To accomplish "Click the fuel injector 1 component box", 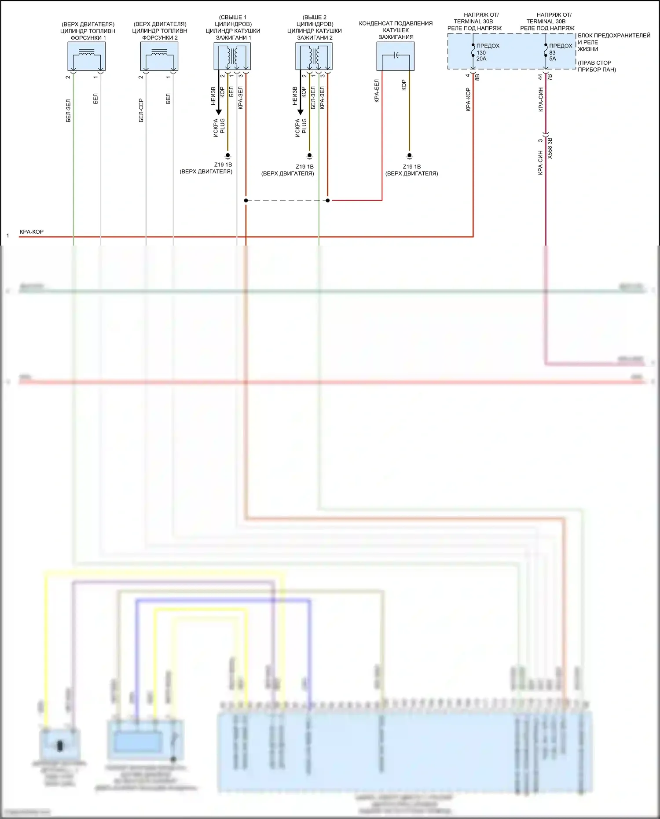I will point(86,56).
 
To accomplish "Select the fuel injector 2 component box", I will point(159,56).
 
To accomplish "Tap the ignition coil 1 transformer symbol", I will point(232,56).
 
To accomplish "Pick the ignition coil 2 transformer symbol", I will point(314,56).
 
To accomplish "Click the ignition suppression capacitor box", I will point(395,56).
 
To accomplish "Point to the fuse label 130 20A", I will point(481,55).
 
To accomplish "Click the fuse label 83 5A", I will point(553,55).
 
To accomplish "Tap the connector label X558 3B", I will point(550,148).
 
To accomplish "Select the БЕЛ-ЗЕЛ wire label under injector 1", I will point(68,110).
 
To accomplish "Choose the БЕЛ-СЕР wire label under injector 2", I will point(141,110).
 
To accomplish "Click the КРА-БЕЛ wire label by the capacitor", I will point(377,91).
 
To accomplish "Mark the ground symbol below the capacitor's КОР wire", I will point(409,156).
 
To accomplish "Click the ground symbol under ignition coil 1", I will point(227,156).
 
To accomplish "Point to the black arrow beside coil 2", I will point(301,112).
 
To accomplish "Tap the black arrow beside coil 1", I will point(219,112).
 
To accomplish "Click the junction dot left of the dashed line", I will point(246,200).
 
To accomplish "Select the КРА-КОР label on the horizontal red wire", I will point(32,232).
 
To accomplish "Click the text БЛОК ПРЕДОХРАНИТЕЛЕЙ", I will point(614,36).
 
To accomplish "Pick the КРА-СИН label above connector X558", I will point(541,99).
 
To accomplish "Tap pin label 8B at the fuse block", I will point(477,77).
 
